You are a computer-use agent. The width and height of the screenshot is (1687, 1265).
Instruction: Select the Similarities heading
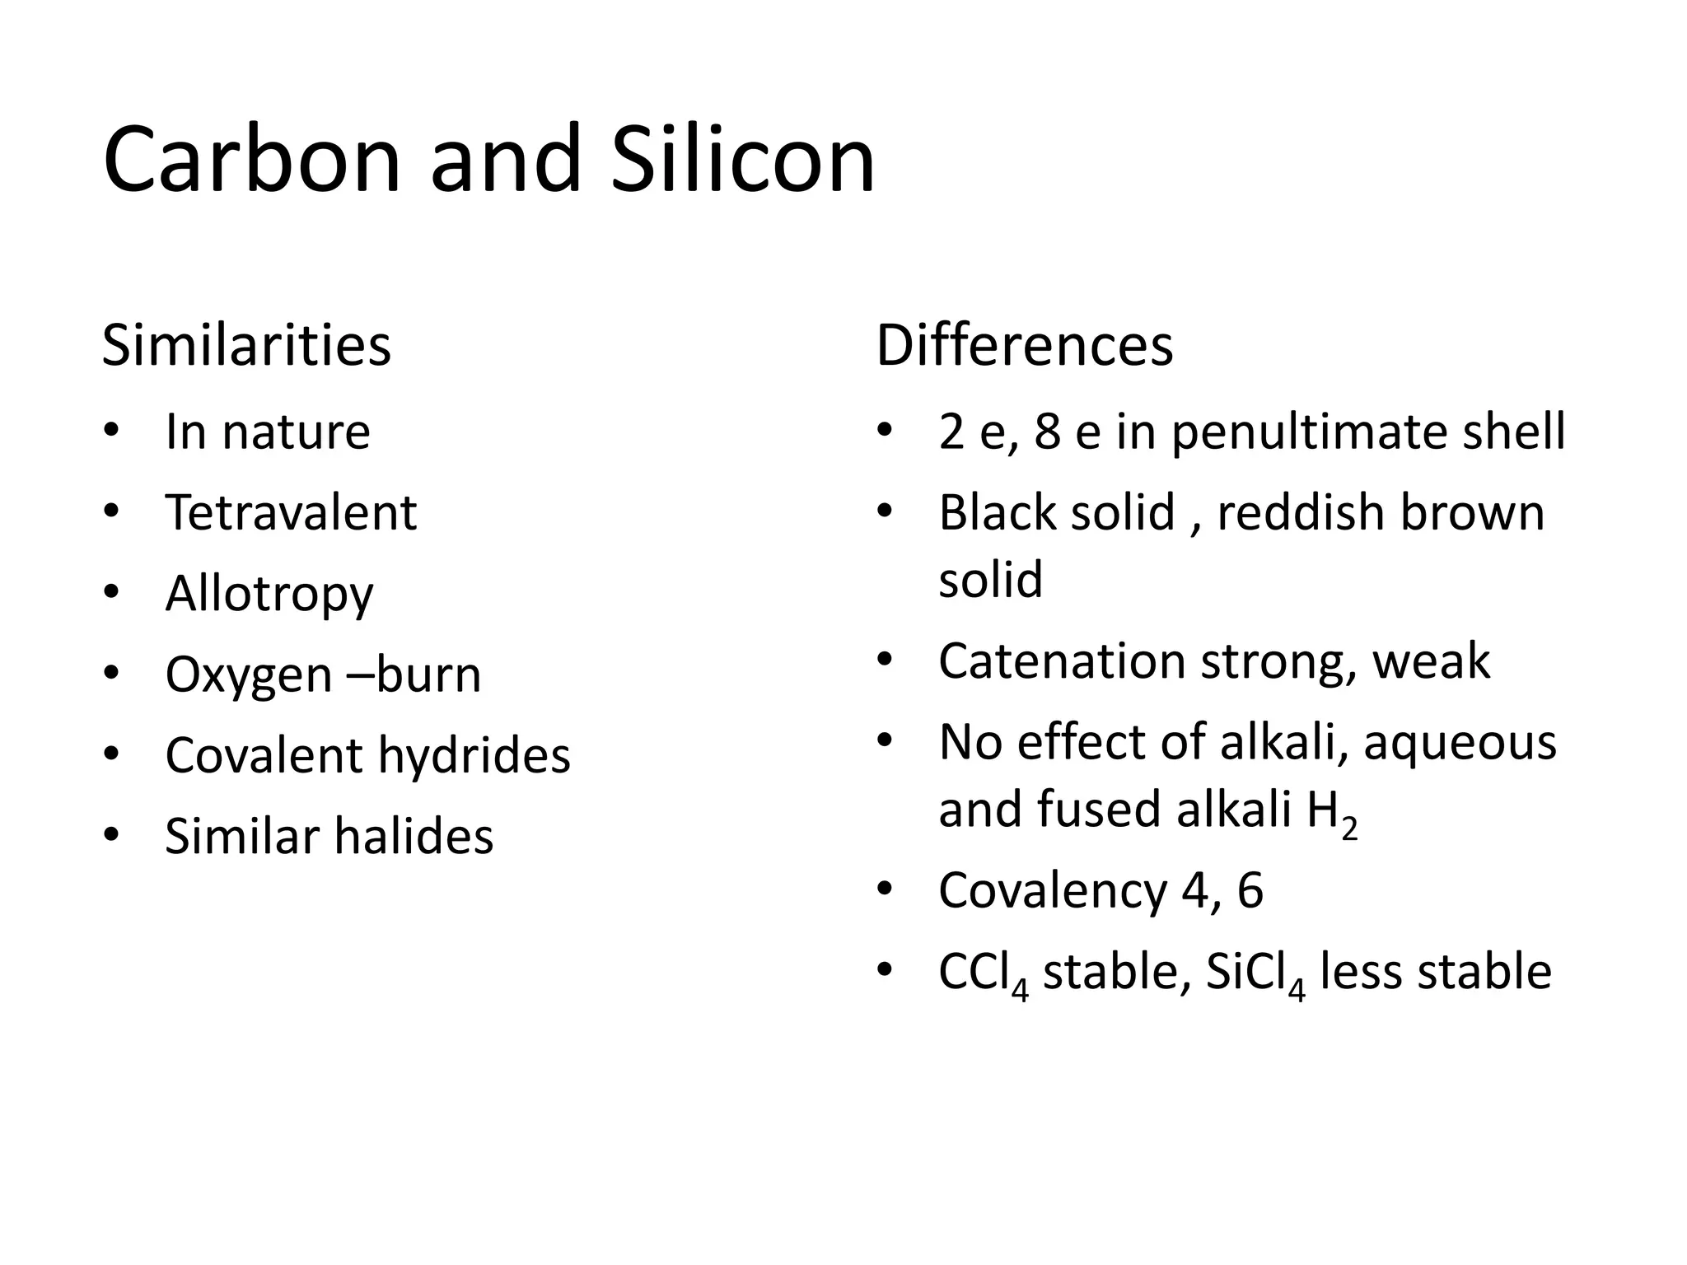pos(246,345)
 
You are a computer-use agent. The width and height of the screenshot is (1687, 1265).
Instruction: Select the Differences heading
pos(1024,345)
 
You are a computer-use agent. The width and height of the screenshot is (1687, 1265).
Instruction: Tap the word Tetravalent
pos(291,512)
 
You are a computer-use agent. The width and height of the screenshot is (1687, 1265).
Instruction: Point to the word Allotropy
pos(269,595)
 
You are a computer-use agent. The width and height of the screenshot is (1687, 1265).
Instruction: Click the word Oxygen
pos(249,675)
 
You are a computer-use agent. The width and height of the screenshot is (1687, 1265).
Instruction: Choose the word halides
pos(414,836)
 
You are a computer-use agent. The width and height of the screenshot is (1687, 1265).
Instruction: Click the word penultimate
pos(1310,432)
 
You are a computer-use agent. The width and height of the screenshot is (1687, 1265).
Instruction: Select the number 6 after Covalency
pos(1250,890)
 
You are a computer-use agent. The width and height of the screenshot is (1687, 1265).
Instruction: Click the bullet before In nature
pos(112,431)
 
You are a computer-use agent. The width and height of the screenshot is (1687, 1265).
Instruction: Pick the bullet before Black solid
pos(885,511)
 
